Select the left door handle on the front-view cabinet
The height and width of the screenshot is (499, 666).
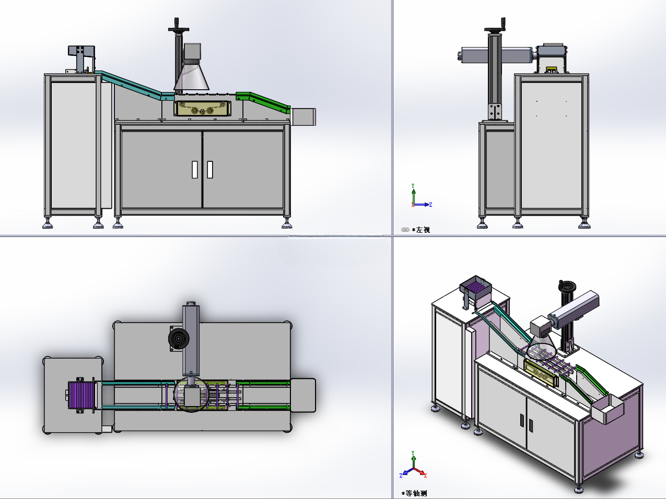[x=195, y=170]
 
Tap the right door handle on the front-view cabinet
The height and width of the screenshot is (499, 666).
[x=209, y=170]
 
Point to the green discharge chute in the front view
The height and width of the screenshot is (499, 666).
[x=263, y=102]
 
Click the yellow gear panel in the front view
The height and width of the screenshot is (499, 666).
[x=202, y=109]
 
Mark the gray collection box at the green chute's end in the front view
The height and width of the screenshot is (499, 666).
[x=303, y=117]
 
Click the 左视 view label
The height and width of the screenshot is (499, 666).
[x=423, y=230]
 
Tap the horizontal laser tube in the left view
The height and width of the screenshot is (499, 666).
[x=496, y=55]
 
